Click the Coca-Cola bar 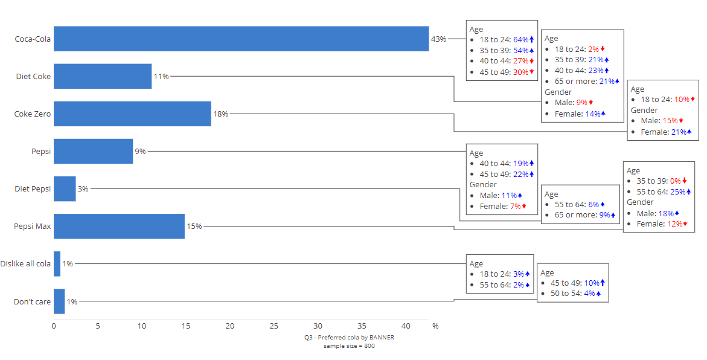[x=241, y=39]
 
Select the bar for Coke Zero [x=132, y=114]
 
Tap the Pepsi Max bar [x=119, y=226]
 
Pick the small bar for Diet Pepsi [x=65, y=188]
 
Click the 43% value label [x=438, y=39]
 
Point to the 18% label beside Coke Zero [x=220, y=114]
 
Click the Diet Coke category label [x=33, y=76]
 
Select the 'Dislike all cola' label [x=25, y=263]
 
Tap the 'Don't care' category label [x=32, y=301]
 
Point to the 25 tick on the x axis [x=274, y=326]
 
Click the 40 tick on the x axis [x=406, y=326]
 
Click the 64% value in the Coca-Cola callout [x=521, y=40]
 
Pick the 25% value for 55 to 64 [x=678, y=191]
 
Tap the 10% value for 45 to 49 [x=592, y=283]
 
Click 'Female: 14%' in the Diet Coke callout [x=575, y=114]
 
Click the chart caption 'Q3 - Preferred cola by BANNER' [x=349, y=338]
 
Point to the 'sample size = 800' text [x=349, y=346]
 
